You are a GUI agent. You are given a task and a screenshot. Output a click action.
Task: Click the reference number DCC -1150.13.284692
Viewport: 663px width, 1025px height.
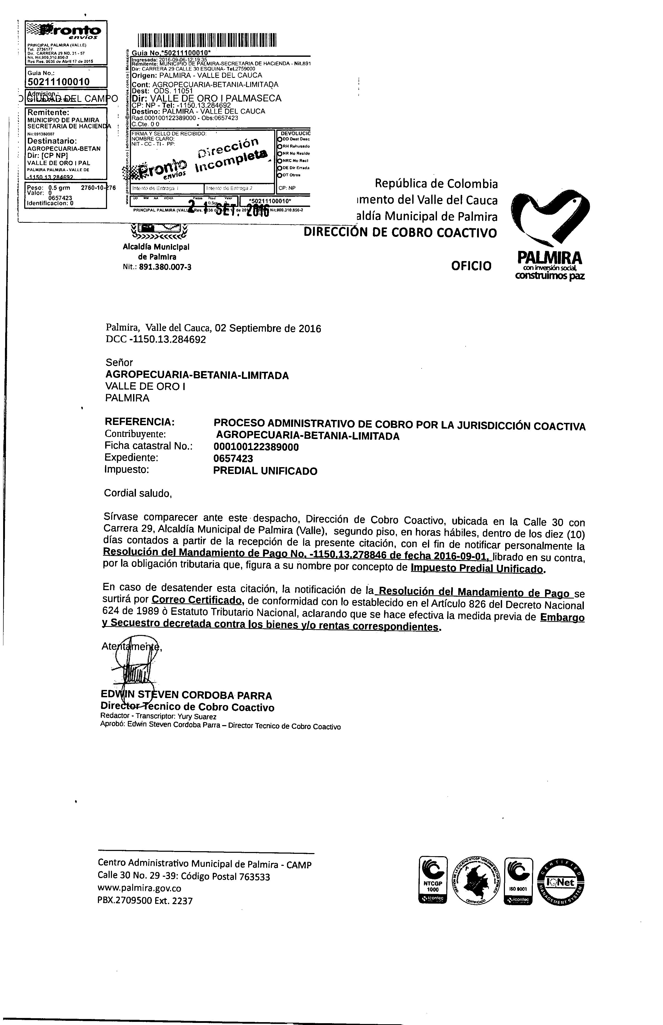[155, 340]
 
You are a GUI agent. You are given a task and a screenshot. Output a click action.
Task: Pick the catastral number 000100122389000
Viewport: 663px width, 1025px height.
[256, 447]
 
